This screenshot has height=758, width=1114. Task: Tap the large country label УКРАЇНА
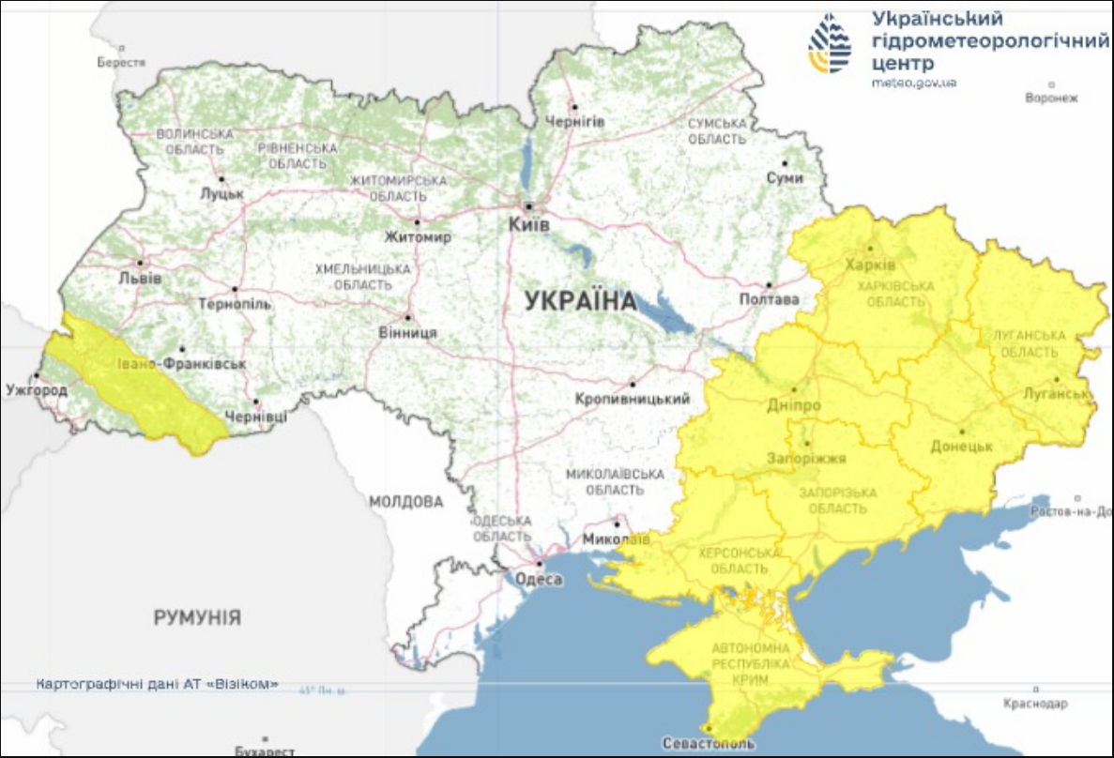[579, 301]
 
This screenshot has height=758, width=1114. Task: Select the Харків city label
[864, 264]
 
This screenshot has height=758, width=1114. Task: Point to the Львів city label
[140, 279]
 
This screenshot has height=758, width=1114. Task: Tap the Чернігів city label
[574, 122]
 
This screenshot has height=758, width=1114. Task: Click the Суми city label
[785, 177]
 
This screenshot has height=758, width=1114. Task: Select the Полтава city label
[769, 299]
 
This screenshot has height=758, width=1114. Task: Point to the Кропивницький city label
[633, 399]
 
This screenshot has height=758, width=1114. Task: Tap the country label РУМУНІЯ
[197, 617]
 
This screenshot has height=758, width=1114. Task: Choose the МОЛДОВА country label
[405, 502]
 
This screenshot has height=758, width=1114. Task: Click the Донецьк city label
[962, 446]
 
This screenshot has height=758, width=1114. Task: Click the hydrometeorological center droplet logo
[830, 42]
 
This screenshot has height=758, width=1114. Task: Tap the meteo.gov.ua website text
[913, 83]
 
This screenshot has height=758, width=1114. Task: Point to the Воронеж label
[1051, 98]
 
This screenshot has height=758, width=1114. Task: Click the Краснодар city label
[1035, 703]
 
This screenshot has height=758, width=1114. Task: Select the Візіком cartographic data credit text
[157, 684]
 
